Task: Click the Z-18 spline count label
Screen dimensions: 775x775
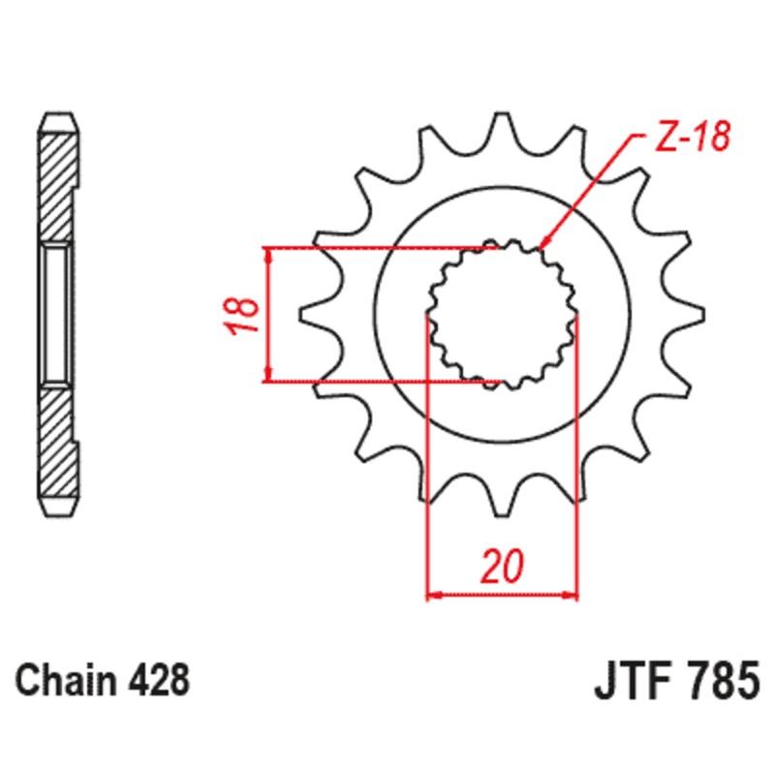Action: point(690,139)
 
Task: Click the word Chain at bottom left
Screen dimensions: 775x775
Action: point(67,679)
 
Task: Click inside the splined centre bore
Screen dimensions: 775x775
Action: point(503,314)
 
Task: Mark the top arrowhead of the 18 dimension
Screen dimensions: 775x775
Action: point(267,255)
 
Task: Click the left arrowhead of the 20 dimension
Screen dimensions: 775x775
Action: point(435,593)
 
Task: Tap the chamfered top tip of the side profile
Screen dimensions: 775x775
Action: point(57,121)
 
